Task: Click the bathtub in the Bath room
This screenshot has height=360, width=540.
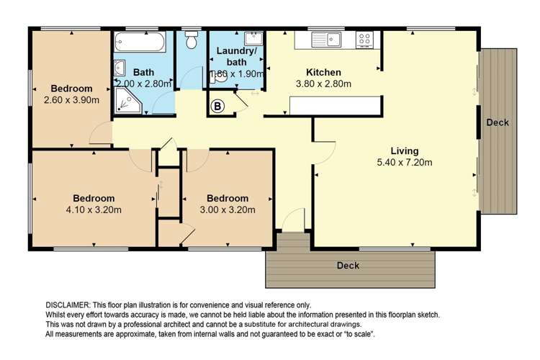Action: pyautogui.click(x=142, y=41)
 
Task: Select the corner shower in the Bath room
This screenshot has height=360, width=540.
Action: pyautogui.click(x=130, y=104)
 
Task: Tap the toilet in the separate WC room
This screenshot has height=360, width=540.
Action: pyautogui.click(x=192, y=42)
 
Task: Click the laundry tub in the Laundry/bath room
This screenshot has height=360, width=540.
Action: pyautogui.click(x=253, y=40)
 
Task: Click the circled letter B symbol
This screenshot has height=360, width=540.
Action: pyautogui.click(x=216, y=107)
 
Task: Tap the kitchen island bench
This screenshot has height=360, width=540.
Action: pyautogui.click(x=334, y=106)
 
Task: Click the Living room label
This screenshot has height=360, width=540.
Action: pyautogui.click(x=405, y=150)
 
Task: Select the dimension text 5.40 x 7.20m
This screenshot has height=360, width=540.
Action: pyautogui.click(x=405, y=162)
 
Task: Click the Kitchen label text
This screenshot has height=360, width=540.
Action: pyautogui.click(x=323, y=72)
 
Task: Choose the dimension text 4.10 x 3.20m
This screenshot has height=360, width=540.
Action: pyautogui.click(x=94, y=210)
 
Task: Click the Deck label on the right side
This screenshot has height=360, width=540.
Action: pyautogui.click(x=498, y=122)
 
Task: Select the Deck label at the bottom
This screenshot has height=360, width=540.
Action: pyautogui.click(x=348, y=266)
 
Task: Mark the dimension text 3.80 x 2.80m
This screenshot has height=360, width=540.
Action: pyautogui.click(x=323, y=84)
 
